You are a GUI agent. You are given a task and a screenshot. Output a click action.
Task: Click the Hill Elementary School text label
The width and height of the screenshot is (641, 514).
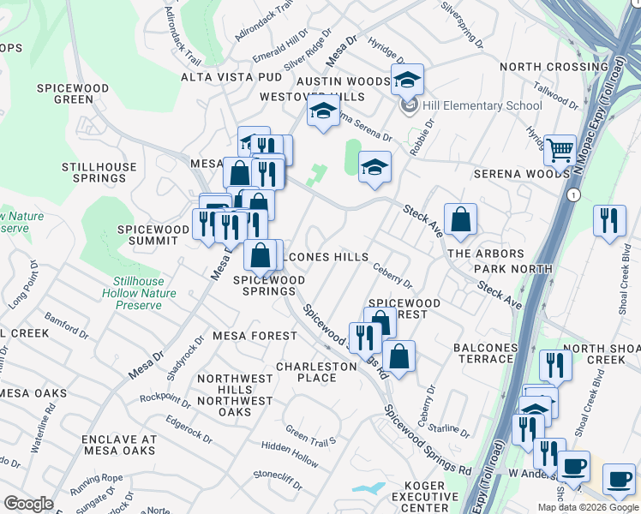[x=482, y=105]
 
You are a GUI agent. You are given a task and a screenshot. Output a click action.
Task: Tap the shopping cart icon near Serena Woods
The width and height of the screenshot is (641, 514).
[x=560, y=151]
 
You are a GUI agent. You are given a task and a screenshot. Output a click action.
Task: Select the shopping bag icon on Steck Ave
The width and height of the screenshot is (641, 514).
[x=461, y=219]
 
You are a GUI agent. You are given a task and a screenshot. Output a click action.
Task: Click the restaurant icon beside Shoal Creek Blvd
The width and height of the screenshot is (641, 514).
[x=609, y=219]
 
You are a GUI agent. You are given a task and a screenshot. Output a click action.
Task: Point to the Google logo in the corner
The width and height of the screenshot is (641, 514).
[x=27, y=504]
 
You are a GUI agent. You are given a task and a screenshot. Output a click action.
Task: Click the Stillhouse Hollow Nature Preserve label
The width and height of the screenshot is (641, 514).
[x=145, y=293]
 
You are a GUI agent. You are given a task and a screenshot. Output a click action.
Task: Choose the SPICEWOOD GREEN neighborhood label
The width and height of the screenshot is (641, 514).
[x=73, y=93]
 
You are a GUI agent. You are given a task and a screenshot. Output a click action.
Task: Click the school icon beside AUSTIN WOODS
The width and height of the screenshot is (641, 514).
[x=408, y=81]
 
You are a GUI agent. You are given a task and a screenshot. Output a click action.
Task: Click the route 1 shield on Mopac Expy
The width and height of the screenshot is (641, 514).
[x=570, y=195]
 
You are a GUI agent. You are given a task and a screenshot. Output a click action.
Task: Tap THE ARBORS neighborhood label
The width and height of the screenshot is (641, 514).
[x=485, y=254]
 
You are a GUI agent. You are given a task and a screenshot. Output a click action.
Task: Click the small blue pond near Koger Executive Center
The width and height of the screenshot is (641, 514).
[x=368, y=488]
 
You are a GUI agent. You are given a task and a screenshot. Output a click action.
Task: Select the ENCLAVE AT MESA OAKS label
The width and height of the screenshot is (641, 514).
[x=119, y=445]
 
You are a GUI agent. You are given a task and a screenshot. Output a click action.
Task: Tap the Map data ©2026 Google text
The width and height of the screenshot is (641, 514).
[x=587, y=507]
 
